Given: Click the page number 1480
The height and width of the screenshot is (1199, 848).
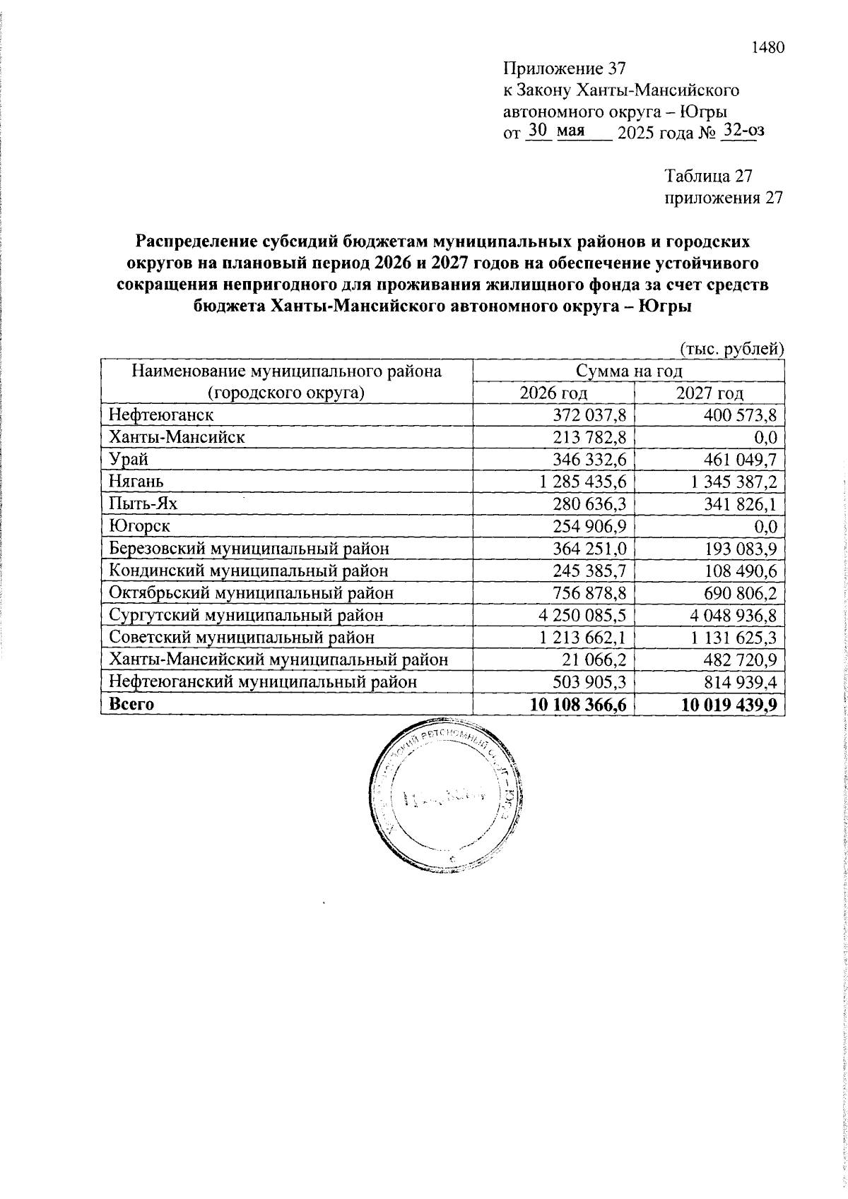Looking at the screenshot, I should tap(767, 48).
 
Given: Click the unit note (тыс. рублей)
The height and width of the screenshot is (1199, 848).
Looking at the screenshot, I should tap(731, 349).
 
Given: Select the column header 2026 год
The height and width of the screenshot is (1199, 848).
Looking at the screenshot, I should tap(553, 393).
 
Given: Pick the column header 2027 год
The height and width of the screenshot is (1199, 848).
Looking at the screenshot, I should tap(709, 393).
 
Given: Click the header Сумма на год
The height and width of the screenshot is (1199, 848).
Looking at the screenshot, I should tap(628, 371).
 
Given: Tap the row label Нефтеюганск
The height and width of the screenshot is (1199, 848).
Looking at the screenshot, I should tap(160, 414).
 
